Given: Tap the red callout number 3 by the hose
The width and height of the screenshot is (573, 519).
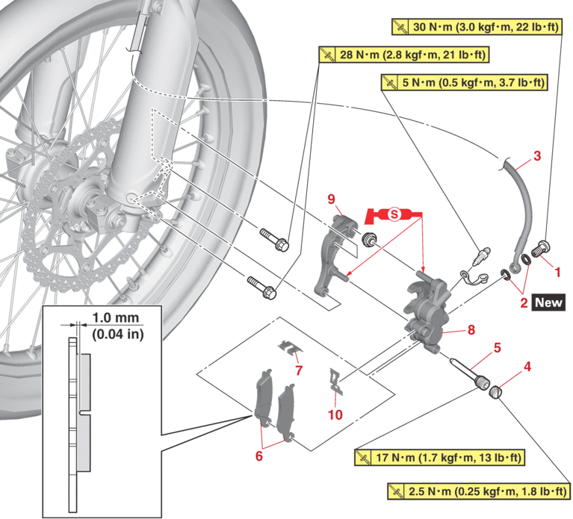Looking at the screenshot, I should (x=536, y=157).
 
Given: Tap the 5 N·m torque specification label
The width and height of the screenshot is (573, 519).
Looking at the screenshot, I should (x=464, y=81).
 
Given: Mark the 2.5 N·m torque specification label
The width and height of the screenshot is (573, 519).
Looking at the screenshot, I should (x=479, y=491).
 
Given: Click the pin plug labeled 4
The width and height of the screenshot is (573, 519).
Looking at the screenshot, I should (x=498, y=390).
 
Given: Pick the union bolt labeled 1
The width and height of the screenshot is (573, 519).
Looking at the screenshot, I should (x=542, y=247).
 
